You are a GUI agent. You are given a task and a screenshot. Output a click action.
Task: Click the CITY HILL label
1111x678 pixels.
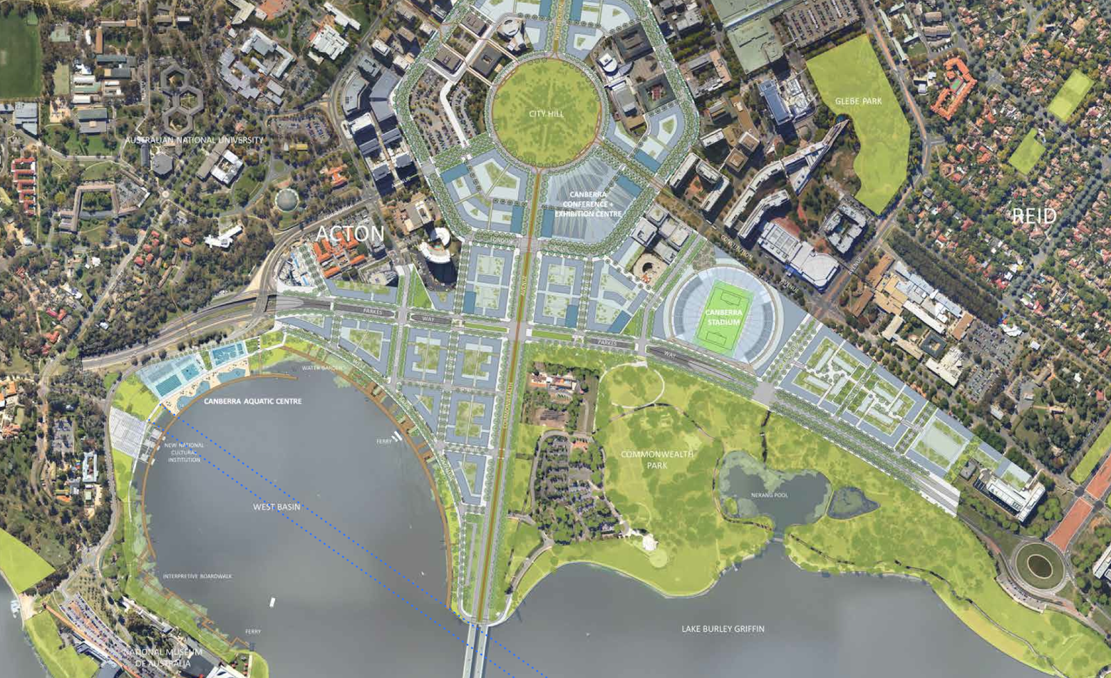tap(546, 113)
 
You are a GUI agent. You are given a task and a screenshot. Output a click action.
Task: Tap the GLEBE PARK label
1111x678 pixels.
tap(858, 101)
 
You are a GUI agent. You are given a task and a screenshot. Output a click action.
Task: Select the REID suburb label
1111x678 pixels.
tap(1033, 216)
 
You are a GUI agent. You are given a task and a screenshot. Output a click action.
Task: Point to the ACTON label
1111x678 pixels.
tap(350, 234)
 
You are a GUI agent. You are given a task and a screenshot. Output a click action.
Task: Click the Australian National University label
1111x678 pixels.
tap(194, 140)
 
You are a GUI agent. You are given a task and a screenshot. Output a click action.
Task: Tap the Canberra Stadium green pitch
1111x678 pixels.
tap(724, 317)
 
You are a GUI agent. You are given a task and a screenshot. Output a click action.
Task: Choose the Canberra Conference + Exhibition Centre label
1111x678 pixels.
tap(588, 204)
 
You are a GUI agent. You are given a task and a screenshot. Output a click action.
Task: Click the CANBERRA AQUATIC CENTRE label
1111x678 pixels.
tap(253, 402)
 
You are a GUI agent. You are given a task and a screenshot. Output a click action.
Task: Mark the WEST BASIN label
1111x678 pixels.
tap(276, 507)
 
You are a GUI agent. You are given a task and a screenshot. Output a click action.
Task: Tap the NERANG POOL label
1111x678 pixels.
tap(769, 495)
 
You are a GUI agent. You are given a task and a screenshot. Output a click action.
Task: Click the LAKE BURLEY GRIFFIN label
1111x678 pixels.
tap(723, 629)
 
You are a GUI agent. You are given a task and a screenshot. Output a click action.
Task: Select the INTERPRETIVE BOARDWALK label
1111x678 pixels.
tap(197, 577)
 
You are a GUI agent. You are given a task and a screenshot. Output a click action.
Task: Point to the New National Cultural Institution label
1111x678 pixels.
tap(184, 452)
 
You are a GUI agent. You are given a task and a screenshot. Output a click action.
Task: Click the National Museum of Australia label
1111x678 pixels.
tap(162, 657)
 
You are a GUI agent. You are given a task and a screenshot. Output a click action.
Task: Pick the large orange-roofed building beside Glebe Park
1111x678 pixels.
tap(953, 88)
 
